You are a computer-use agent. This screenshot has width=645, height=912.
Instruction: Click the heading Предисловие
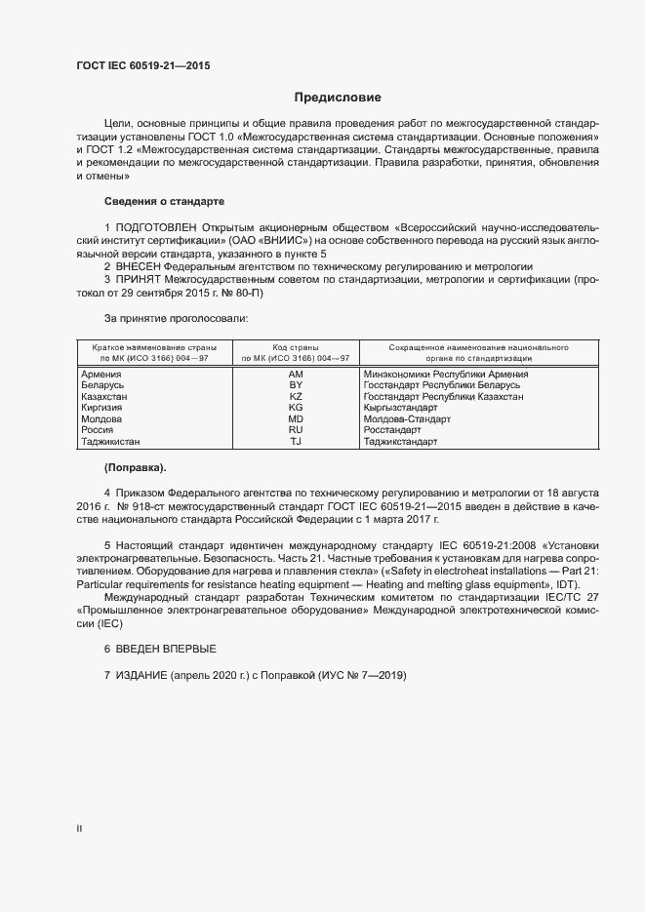pos(338,98)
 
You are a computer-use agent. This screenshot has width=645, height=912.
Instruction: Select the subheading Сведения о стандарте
pos(164,201)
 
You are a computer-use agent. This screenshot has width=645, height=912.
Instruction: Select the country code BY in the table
pos(297,386)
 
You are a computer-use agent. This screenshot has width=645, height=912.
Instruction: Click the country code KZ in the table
pos(297,397)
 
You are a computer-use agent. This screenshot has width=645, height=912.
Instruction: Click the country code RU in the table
pos(297,430)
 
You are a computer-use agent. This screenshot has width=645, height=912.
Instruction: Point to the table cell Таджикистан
pos(108,442)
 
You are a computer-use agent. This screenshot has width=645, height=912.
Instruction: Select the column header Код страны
pos(297,347)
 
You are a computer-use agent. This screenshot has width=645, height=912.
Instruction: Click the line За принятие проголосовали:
pos(176,319)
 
